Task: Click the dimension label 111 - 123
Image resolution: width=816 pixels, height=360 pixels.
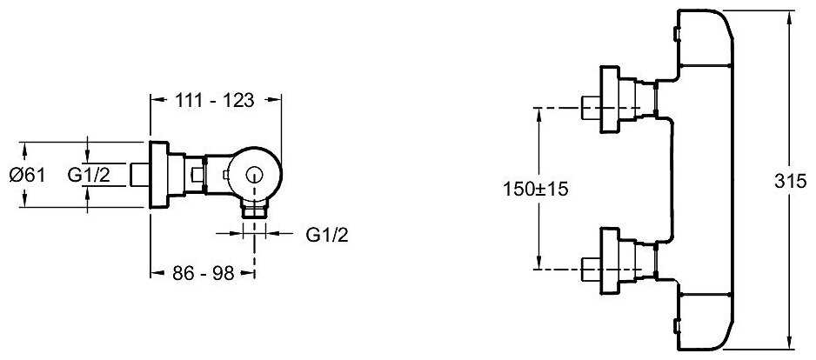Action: coord(216,100)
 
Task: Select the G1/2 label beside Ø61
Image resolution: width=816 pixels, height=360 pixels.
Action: coord(89,174)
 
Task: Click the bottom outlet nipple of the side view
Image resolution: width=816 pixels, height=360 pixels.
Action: coord(254,210)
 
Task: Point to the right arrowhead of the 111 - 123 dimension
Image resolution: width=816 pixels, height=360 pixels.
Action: coord(278,100)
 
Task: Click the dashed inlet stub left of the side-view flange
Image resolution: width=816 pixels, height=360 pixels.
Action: coord(140,174)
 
